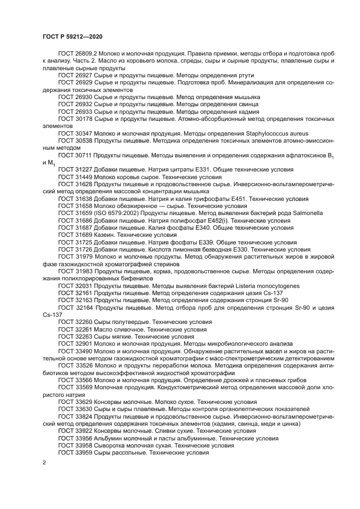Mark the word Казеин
[x=105, y=235]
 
